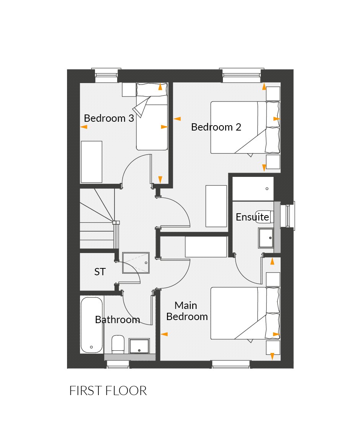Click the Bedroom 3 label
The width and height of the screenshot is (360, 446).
(109, 118)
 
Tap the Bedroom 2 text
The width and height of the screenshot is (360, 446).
(216, 127)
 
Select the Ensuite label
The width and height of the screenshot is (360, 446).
(252, 217)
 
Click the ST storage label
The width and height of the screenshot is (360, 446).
(100, 272)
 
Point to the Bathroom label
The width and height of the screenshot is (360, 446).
(117, 320)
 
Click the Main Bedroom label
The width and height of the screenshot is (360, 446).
(187, 311)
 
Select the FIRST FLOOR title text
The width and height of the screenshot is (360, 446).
(108, 391)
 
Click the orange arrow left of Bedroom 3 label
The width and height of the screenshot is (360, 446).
(83, 127)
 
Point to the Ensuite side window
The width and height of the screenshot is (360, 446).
(288, 216)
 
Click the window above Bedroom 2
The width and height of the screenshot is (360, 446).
(241, 75)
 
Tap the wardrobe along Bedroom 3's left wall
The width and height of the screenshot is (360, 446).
(92, 162)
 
